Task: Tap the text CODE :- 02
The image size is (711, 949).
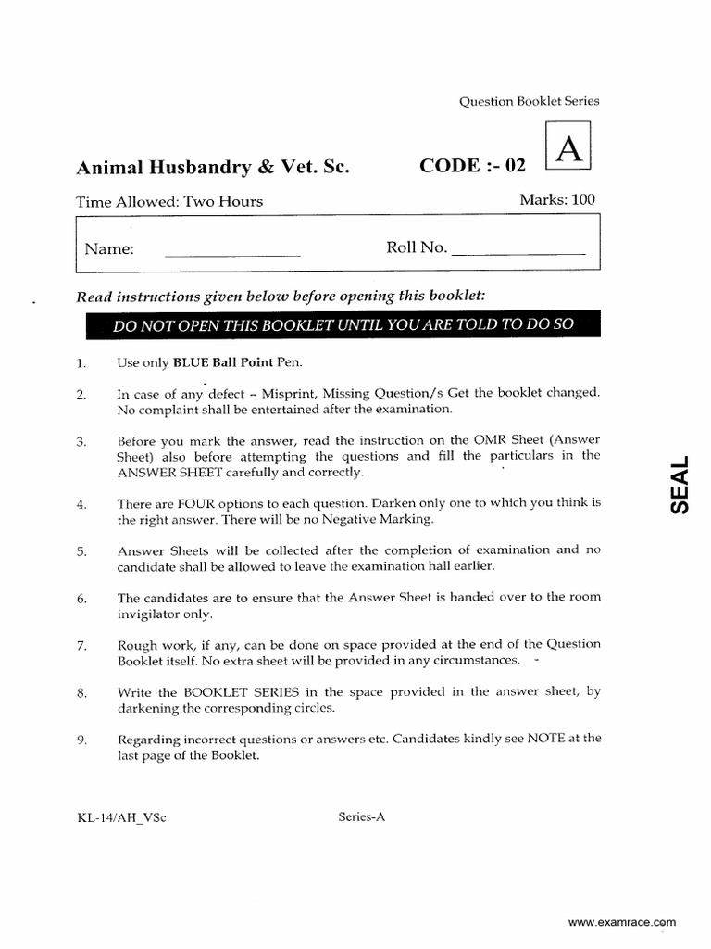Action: [x=472, y=166]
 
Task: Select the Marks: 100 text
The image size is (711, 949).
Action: [x=557, y=199]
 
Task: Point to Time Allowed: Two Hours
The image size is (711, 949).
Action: [x=169, y=201]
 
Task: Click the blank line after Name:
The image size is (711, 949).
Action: [x=232, y=251]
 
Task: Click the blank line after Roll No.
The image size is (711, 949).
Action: [x=520, y=251]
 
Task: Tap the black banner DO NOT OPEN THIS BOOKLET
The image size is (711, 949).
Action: [x=343, y=324]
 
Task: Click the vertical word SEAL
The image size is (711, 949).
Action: [x=680, y=487]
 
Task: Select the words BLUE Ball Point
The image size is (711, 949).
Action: [x=210, y=362]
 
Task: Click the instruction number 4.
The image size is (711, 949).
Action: [x=82, y=504]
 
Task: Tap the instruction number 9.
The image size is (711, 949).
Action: [x=82, y=740]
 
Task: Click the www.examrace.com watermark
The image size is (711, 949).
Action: [x=621, y=922]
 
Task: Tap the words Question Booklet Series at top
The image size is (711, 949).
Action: [x=530, y=101]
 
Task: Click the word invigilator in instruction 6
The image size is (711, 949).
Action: [x=154, y=614]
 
